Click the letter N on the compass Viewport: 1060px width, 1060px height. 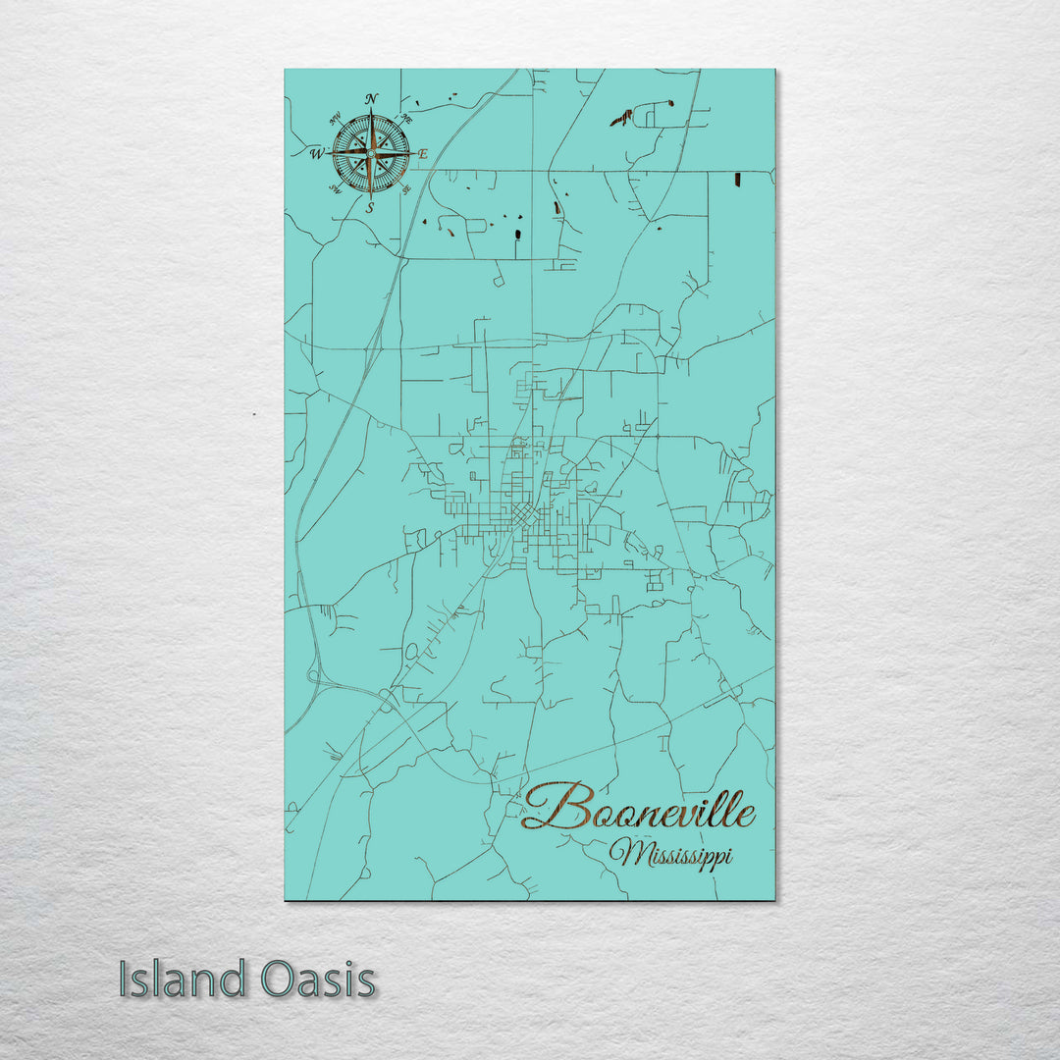coord(371,98)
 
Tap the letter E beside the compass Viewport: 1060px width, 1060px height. coord(424,154)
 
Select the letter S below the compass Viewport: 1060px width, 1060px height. coord(370,207)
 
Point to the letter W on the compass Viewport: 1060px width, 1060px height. coord(316,153)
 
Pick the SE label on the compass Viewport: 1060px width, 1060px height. coord(406,189)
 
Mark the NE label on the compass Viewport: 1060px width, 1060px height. coord(407,116)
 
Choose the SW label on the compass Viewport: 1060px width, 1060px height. coord(335,189)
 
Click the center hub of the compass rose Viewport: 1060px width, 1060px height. coord(371,152)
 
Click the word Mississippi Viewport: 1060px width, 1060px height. coord(670,854)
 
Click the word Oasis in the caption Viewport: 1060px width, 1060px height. coord(318,980)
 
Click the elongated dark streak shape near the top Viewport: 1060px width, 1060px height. coord(620,119)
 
